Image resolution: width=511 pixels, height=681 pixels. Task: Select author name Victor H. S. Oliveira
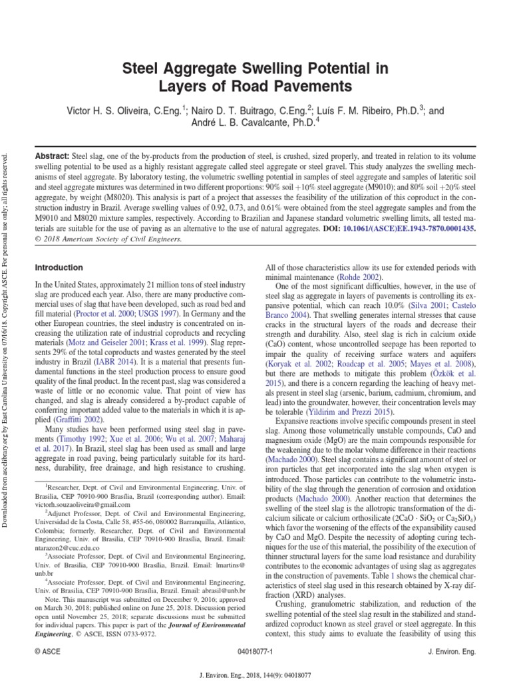click(115, 108)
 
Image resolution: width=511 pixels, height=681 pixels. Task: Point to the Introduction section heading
click(61, 267)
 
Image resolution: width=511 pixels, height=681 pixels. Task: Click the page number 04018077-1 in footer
click(255, 652)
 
